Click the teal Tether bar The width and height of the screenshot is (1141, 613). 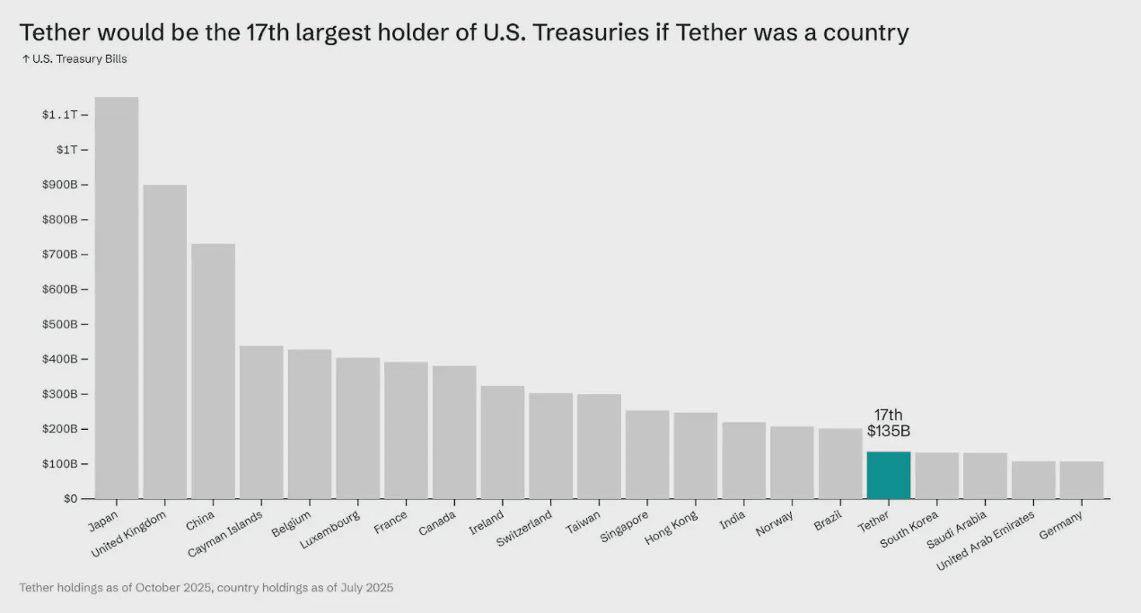888,475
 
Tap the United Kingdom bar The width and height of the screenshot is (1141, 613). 165,342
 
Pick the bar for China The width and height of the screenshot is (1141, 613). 214,372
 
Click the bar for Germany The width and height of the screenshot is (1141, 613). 1081,480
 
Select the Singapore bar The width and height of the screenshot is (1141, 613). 647,454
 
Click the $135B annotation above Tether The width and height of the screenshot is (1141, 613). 889,431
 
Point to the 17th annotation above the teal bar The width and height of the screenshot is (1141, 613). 889,415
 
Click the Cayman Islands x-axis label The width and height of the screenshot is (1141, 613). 225,533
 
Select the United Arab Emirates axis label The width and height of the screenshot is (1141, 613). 986,539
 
